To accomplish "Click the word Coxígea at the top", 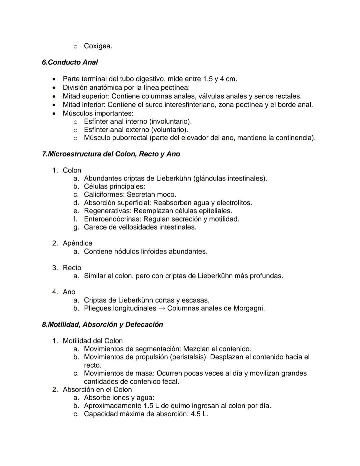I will [x=98, y=46].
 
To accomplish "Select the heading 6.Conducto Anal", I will [x=70, y=62].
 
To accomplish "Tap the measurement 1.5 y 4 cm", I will [x=220, y=79].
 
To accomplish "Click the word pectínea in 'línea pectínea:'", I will [x=175, y=88].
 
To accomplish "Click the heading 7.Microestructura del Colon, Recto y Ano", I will [x=111, y=154].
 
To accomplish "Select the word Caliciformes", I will [x=104, y=194].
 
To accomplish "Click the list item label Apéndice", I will [x=77, y=243].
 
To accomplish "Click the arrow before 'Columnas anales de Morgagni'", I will [x=161, y=309].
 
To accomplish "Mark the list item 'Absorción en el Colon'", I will [x=97, y=390].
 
